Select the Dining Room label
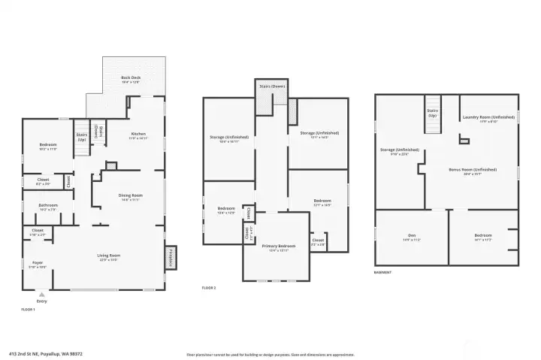click(x=130, y=197)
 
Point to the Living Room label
click(x=109, y=256)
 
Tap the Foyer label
click(x=38, y=263)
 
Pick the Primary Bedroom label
click(x=278, y=246)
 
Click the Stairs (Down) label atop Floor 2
click(x=272, y=84)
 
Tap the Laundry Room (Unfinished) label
click(x=488, y=117)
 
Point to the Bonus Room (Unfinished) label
click(x=473, y=171)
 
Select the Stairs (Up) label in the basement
click(x=432, y=113)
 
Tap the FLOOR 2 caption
click(x=209, y=288)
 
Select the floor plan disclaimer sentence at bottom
click(x=270, y=354)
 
